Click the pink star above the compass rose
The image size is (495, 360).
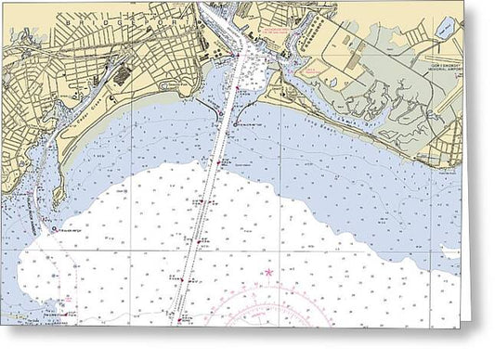pos(269,272)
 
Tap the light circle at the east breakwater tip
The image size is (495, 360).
pos(243,121)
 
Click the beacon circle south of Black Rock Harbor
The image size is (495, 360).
pos(58,229)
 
